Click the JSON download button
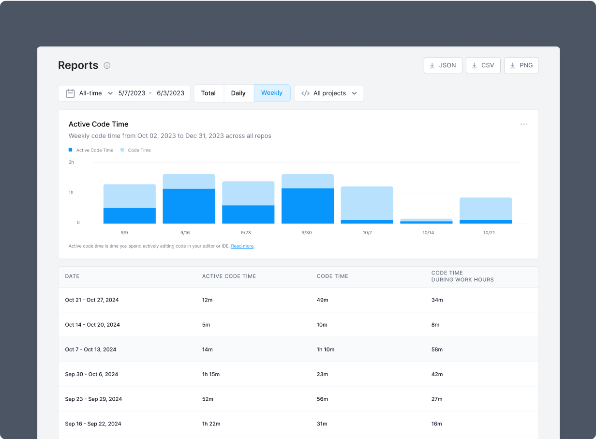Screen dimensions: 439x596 coord(443,65)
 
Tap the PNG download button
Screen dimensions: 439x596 coord(521,65)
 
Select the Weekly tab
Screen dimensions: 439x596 coord(272,93)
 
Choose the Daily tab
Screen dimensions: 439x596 coord(238,93)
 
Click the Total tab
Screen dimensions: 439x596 coord(209,93)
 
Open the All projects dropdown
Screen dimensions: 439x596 coord(329,93)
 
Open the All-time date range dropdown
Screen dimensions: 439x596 coord(90,93)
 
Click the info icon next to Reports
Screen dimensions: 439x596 coord(107,65)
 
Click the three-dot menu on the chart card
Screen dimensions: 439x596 coord(524,124)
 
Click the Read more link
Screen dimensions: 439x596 coord(242,246)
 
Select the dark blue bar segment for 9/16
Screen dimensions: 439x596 coord(189,206)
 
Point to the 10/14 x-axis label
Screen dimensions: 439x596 coord(428,233)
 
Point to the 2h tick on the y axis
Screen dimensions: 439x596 coord(71,162)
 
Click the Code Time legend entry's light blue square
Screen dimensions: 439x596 coord(122,150)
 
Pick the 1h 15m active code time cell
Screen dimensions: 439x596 coord(211,374)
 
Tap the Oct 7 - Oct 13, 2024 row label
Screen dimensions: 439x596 coord(90,349)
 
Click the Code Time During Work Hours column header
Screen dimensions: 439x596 coord(462,276)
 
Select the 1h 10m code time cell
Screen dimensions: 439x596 coord(325,349)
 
